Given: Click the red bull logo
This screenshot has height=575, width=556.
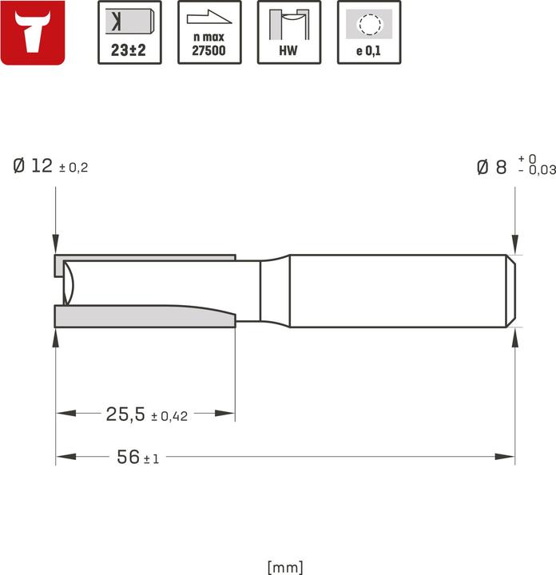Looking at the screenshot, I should (34, 33).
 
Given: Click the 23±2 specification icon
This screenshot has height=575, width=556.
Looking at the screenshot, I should (129, 33).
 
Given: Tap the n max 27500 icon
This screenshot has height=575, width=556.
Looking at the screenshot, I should (209, 33).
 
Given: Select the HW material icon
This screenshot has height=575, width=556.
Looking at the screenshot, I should (289, 33).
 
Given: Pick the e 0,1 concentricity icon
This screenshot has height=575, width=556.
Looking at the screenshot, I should (369, 33).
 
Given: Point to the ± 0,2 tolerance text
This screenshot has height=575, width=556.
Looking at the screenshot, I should (73, 168).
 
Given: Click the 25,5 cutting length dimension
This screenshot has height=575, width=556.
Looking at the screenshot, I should (125, 414).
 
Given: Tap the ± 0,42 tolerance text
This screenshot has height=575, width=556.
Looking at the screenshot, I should (169, 416).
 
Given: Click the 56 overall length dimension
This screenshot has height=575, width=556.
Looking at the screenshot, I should (128, 458).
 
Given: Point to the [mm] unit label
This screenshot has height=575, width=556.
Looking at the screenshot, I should (285, 567).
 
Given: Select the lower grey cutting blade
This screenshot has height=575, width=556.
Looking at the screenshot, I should (144, 317).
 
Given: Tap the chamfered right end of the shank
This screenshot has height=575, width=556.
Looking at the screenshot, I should (510, 291).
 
